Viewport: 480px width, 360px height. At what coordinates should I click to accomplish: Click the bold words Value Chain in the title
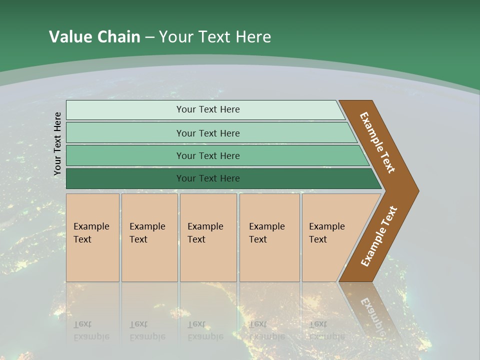pos(94,37)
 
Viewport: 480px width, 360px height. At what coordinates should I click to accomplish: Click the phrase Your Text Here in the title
pos(215,37)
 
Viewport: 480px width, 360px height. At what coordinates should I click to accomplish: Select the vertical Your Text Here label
pos(57,143)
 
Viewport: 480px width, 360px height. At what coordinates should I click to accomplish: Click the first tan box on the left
pos(92,237)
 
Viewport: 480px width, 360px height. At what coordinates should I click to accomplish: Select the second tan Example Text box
pos(149,237)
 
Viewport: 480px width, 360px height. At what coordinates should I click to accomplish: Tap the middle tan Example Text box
pos(208,237)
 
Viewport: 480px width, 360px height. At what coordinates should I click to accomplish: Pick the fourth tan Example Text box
pos(269,237)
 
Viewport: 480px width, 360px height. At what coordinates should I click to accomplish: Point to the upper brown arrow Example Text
pos(377,142)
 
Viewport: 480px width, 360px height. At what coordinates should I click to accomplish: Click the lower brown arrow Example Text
pos(379,236)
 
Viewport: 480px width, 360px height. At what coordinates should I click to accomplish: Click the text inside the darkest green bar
pos(208,178)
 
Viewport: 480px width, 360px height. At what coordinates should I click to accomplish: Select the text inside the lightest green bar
pos(208,109)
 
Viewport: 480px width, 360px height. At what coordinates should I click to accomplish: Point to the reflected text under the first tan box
pos(91,330)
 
